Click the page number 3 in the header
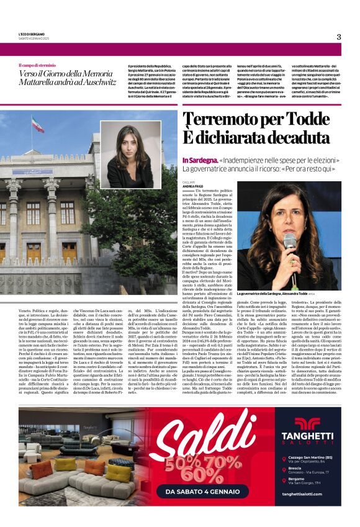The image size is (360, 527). coord(339,37)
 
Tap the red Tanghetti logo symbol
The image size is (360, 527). coord(307,423)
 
